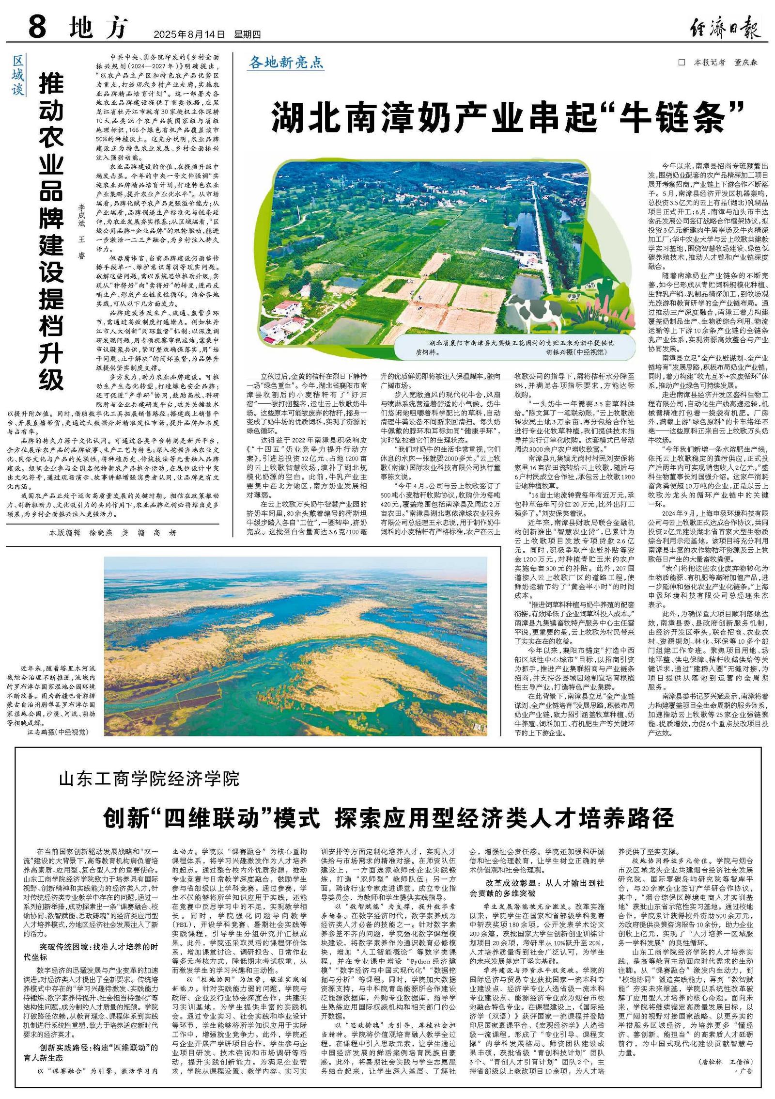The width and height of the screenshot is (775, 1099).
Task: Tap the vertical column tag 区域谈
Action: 17,75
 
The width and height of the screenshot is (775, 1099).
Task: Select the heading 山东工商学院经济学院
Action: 149,780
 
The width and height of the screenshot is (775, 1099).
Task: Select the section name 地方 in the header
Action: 98,28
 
